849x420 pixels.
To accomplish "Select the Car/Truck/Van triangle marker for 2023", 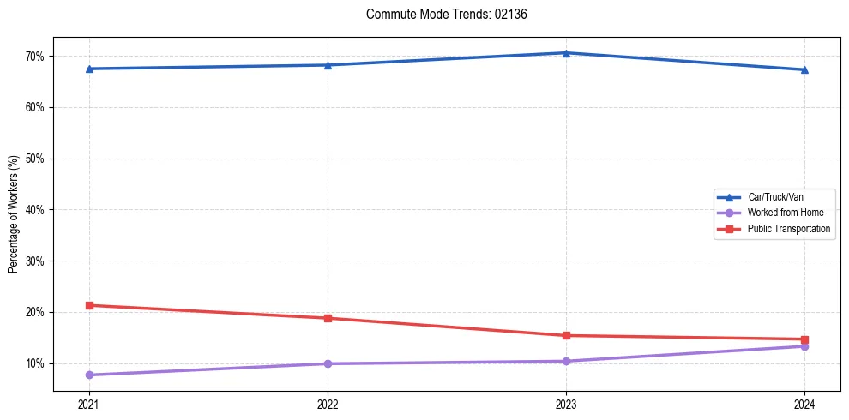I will point(566,53).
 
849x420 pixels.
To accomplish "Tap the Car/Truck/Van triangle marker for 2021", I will point(89,69).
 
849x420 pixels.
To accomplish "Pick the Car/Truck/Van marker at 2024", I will point(804,69).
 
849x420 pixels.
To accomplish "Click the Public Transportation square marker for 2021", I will point(89,305).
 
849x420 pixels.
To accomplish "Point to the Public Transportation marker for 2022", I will point(328,318).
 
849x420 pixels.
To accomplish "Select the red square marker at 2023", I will point(566,335).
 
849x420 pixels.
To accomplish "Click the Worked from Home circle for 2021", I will point(89,375).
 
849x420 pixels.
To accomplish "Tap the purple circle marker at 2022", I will point(328,363).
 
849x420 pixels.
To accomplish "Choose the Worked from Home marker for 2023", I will point(566,361).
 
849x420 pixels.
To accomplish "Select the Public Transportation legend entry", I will point(788,229).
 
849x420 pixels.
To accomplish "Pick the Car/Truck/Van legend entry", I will point(775,197).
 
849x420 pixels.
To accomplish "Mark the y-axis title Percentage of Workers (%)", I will point(13,214).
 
